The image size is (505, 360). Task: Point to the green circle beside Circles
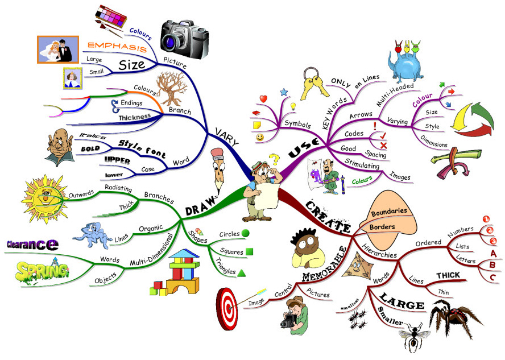246,233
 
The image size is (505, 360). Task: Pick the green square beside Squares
249,251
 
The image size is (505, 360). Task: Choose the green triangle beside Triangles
242,272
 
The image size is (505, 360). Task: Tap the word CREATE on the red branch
328,217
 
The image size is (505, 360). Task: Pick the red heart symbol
263,99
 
